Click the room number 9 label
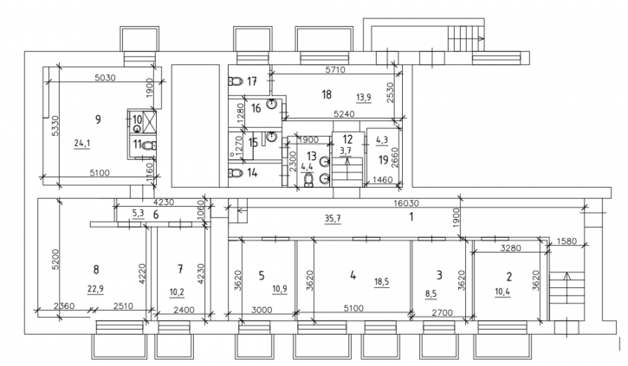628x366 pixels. tap(98, 119)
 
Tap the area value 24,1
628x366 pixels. tap(82, 143)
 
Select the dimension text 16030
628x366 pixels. tap(406, 203)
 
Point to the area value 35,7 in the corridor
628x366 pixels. tap(333, 218)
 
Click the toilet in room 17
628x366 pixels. tap(236, 81)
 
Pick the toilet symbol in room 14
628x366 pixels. tap(236, 173)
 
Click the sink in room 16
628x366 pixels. tap(272, 104)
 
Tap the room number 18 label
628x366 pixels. tap(327, 94)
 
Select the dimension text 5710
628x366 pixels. tap(335, 69)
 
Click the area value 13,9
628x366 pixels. tap(364, 97)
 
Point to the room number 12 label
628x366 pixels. tap(347, 139)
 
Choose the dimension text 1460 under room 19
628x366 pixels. tap(383, 180)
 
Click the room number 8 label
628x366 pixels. tap(96, 270)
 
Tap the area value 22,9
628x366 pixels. tap(95, 288)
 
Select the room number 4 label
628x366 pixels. tap(353, 275)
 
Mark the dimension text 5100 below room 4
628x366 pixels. tap(353, 308)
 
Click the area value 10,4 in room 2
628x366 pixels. tap(502, 292)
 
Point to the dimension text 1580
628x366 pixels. tap(566, 241)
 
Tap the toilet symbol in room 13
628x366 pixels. tap(308, 180)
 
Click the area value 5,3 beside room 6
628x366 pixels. tap(139, 213)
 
